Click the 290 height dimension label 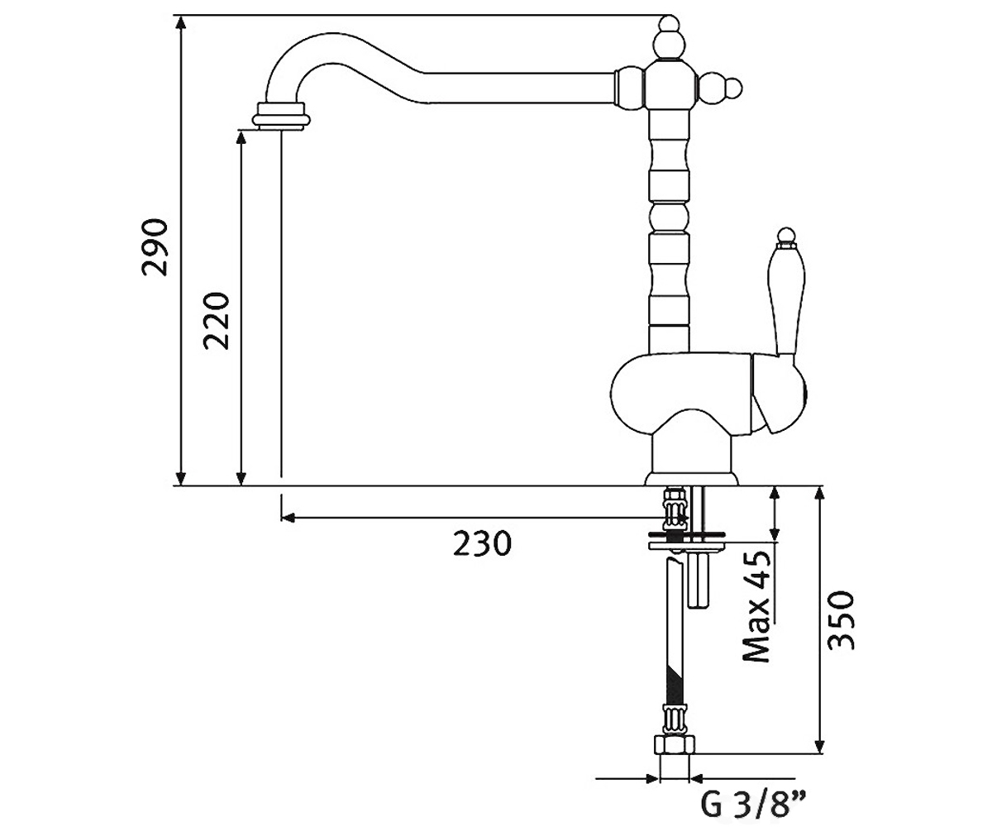point(155,247)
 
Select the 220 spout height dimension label point(216,322)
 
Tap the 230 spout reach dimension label point(482,543)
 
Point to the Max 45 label point(756,607)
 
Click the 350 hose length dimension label point(841,620)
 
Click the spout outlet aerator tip point(281,116)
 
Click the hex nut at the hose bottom point(675,745)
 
